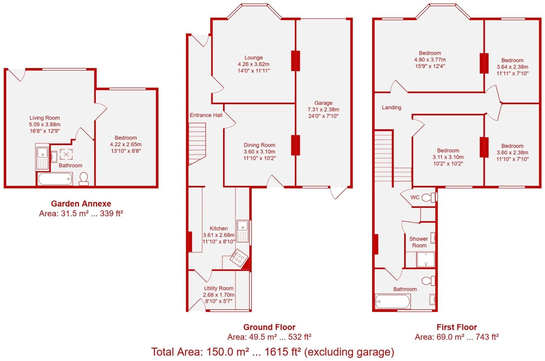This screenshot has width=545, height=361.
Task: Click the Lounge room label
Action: pyautogui.click(x=253, y=58)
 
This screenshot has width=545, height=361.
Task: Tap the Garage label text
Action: pyautogui.click(x=323, y=103)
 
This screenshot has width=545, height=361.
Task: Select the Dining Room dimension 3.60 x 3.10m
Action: pyautogui.click(x=260, y=152)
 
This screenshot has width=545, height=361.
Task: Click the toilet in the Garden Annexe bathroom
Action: pyautogui.click(x=83, y=179)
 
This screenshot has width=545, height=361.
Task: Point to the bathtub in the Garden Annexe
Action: pyautogui.click(x=55, y=179)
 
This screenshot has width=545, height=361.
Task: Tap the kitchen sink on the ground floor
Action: pyautogui.click(x=243, y=231)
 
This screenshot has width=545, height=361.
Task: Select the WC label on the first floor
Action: pyautogui.click(x=415, y=197)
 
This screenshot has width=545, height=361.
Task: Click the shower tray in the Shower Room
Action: pyautogui.click(x=425, y=259)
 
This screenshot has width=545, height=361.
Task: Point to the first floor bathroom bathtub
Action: pyautogui.click(x=393, y=301)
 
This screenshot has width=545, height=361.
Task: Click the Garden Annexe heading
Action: pyautogui.click(x=81, y=204)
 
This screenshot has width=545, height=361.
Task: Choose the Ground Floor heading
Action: pyautogui.click(x=269, y=327)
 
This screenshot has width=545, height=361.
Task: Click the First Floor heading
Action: pyautogui.click(x=457, y=327)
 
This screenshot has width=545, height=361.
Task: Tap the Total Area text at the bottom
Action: pyautogui.click(x=273, y=352)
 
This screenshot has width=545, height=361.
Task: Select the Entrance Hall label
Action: pyautogui.click(x=206, y=115)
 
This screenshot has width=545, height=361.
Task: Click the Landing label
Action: pyautogui.click(x=392, y=108)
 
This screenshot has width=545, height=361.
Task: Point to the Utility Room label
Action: pyautogui.click(x=218, y=288)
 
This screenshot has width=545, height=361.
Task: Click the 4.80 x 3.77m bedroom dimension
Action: pyautogui.click(x=430, y=60)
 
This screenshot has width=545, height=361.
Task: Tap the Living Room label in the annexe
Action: pyautogui.click(x=45, y=118)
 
